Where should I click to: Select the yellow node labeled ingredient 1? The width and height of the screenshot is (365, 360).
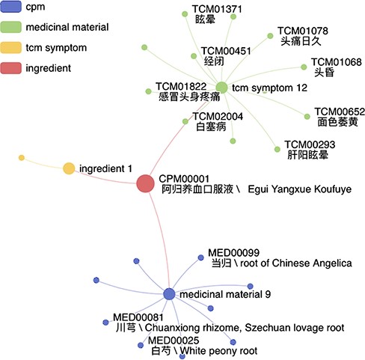(x=69, y=168)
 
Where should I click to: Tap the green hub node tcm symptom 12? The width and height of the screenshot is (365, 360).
(x=221, y=88)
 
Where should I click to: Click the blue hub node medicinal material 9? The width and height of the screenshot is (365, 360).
(x=169, y=294)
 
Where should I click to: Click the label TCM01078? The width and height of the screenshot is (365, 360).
(x=303, y=31)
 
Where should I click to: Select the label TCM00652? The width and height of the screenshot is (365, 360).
(x=339, y=110)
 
